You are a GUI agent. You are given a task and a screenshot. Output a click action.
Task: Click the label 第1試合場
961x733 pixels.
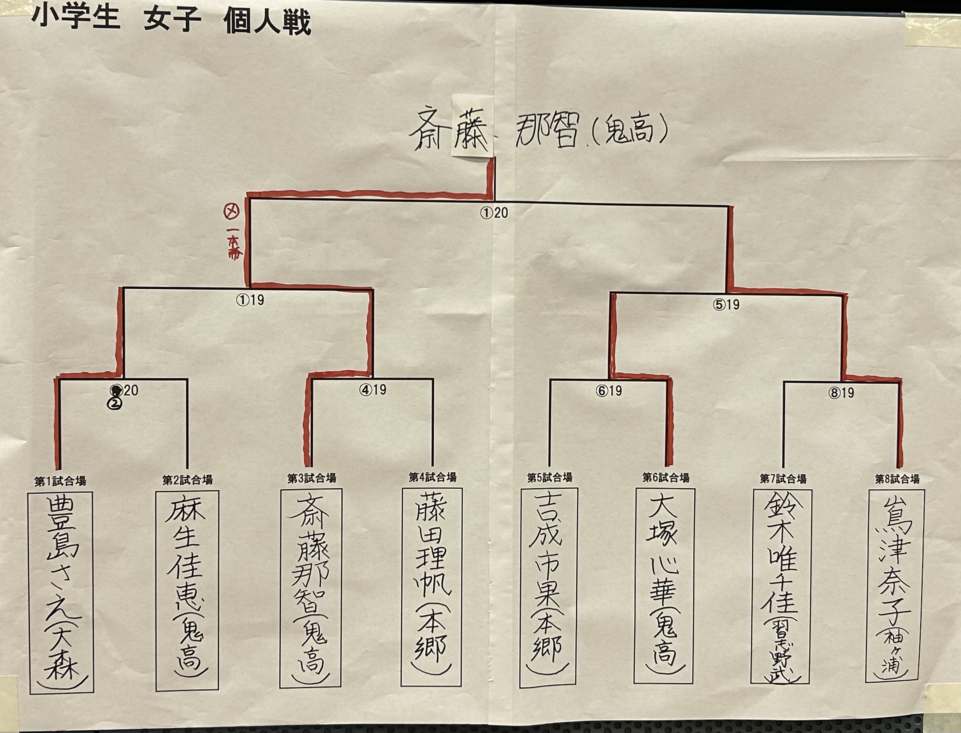[60, 482]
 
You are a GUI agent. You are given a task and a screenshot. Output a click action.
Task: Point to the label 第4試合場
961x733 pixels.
[432, 477]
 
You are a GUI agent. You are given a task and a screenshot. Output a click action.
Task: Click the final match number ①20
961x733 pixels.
[494, 213]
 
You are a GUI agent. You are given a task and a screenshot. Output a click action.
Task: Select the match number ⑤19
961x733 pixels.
[726, 304]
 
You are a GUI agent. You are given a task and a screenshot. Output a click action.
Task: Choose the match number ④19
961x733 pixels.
[372, 390]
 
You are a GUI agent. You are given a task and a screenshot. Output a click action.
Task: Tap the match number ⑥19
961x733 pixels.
[609, 391]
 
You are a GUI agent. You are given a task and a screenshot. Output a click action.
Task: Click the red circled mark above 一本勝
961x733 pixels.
[231, 212]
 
